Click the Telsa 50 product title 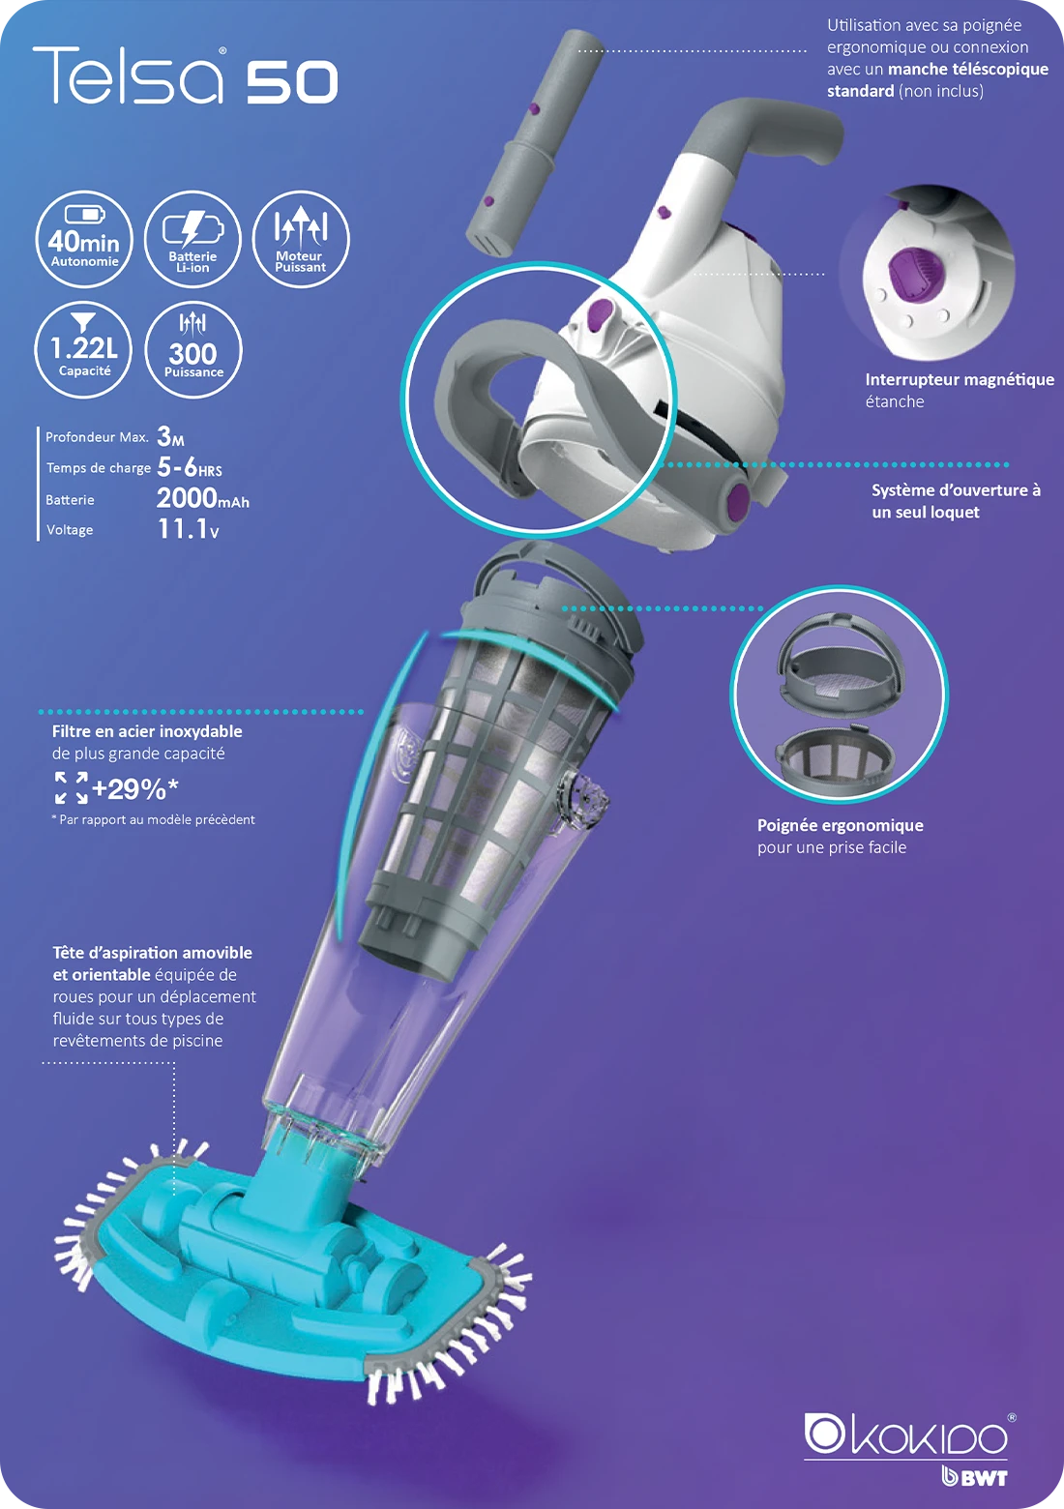186,76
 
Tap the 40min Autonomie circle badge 85,239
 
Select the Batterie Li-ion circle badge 192,239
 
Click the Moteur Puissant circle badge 300,239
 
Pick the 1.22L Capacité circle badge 84,350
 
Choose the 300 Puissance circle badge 192,350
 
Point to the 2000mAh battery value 202,498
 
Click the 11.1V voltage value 188,529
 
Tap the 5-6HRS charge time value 190,468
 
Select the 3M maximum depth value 170,437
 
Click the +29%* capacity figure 134,789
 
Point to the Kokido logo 908,1435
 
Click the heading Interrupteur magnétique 960,379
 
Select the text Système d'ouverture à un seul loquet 955,501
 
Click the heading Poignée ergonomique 840,825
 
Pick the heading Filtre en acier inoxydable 147,731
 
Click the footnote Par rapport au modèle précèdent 155,819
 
